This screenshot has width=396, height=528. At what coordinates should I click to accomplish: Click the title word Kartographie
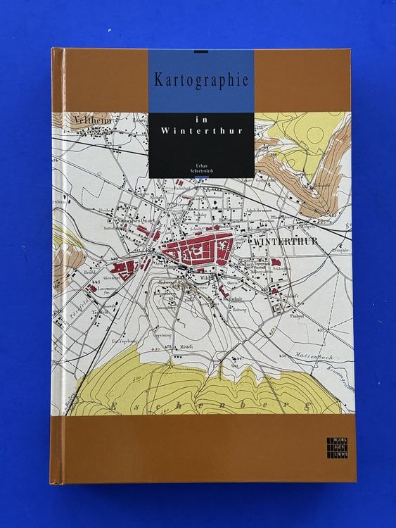tap(201, 80)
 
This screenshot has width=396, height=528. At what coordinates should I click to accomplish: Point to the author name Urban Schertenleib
tap(201, 167)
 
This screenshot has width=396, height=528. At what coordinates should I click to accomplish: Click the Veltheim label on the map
tap(87, 121)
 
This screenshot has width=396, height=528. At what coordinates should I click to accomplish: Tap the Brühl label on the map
tap(86, 272)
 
